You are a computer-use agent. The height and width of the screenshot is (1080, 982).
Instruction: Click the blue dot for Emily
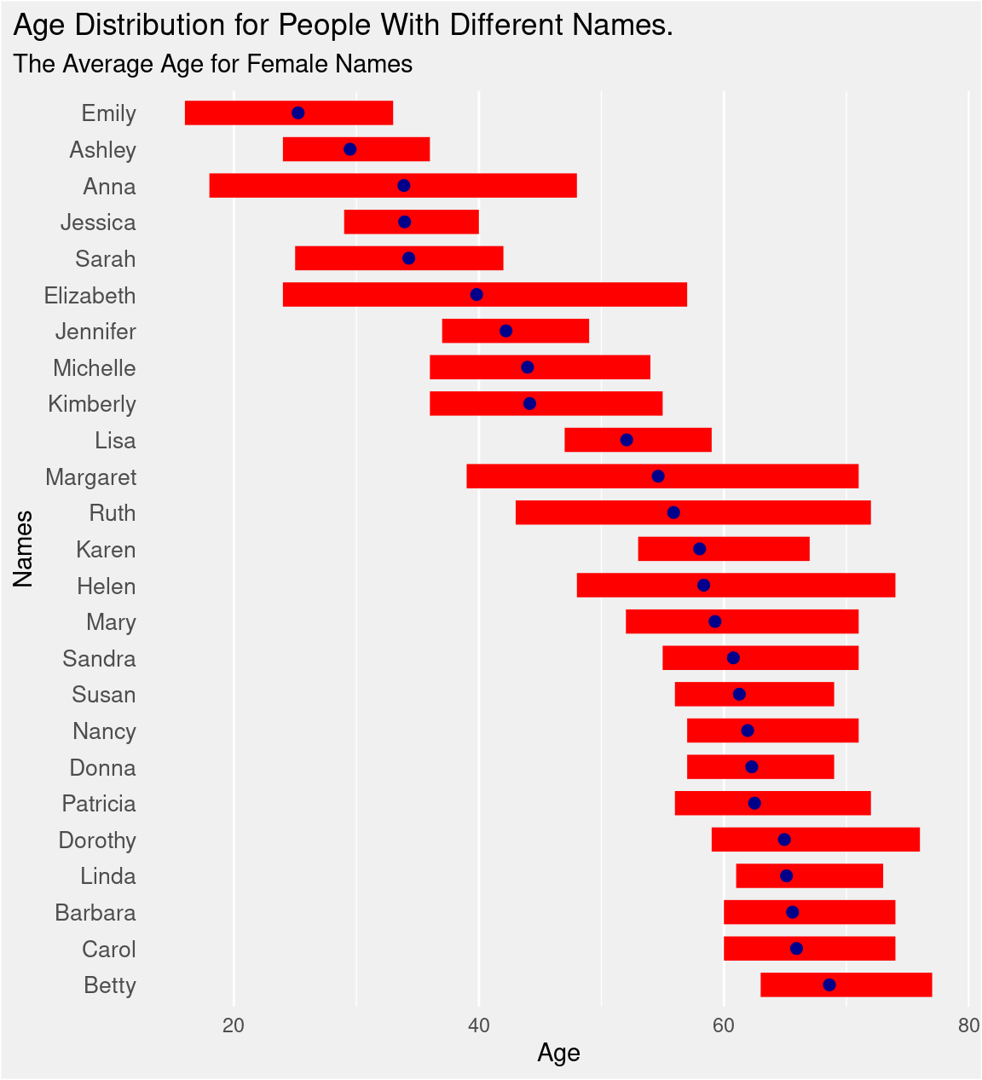[298, 113]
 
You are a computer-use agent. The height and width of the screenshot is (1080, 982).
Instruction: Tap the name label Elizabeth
[90, 296]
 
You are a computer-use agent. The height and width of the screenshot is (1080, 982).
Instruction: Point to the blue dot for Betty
[829, 985]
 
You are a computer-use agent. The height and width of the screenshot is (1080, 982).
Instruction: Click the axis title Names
[24, 549]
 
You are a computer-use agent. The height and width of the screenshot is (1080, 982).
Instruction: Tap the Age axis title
[558, 1054]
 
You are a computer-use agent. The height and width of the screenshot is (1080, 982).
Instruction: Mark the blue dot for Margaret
[658, 476]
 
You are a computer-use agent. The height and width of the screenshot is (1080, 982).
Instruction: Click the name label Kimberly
[92, 404]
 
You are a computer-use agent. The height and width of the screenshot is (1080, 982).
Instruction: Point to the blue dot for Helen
[703, 586]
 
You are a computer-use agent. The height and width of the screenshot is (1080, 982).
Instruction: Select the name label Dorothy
[97, 840]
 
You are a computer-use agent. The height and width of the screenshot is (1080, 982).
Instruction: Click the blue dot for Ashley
[349, 150]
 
